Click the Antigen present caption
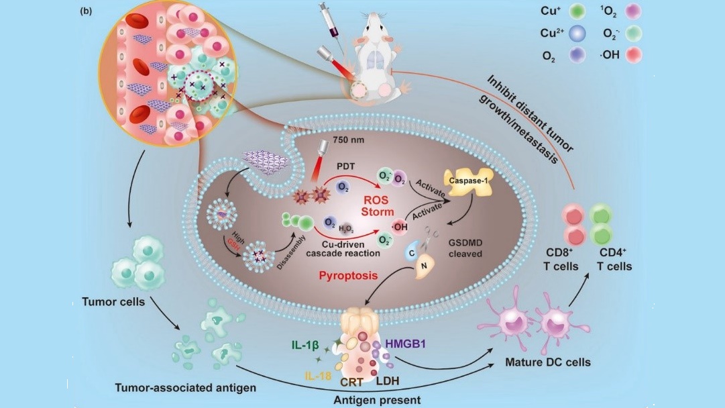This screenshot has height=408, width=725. click(x=377, y=401)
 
